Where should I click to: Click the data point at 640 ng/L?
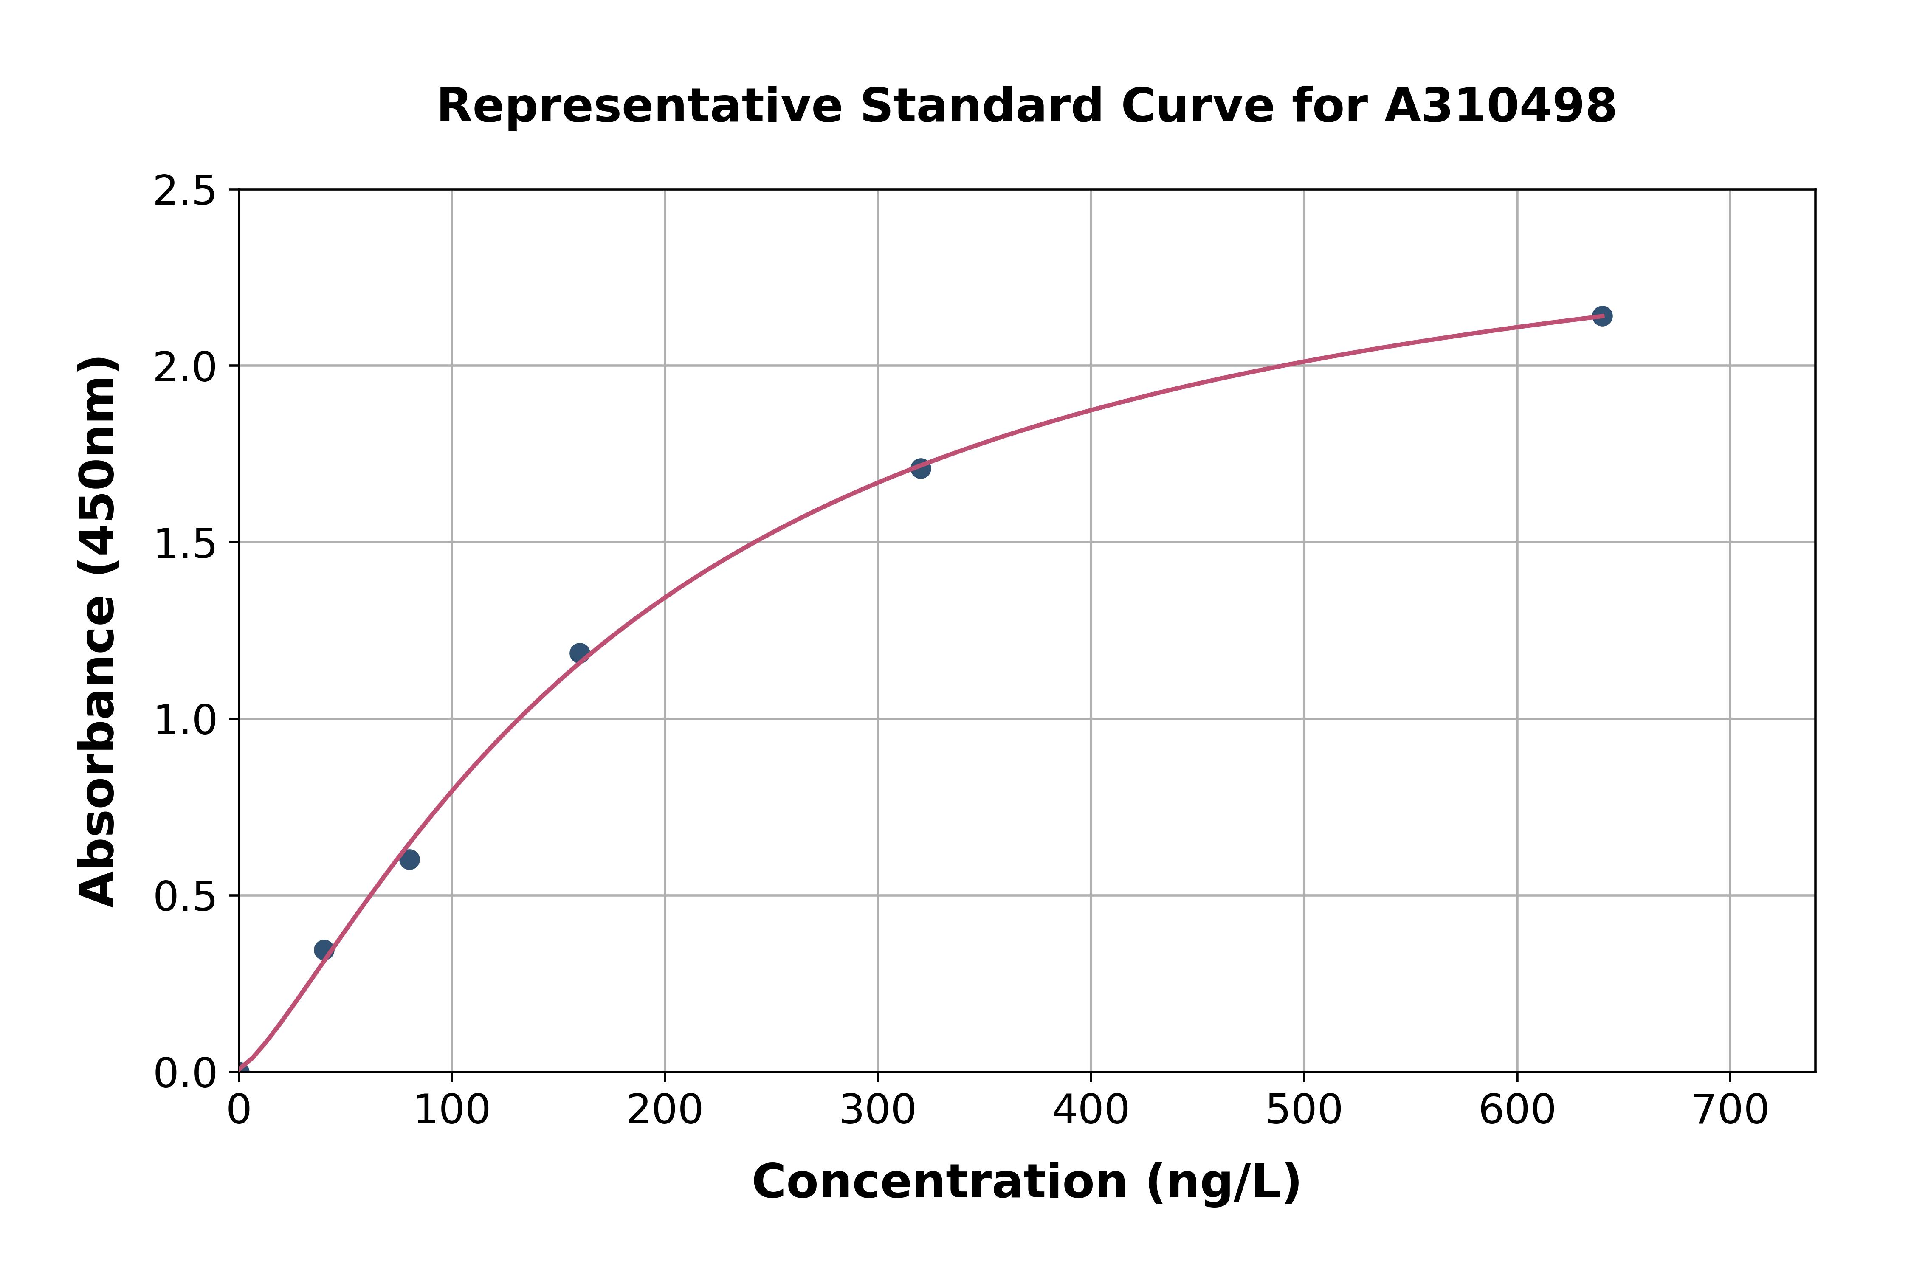pyautogui.click(x=1601, y=316)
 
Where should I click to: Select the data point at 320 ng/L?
pyautogui.click(x=920, y=468)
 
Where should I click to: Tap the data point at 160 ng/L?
pyautogui.click(x=579, y=653)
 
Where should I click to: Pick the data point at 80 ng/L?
pyautogui.click(x=409, y=860)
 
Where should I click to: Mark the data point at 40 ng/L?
pyautogui.click(x=324, y=950)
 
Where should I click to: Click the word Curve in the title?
pyautogui.click(x=1198, y=106)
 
